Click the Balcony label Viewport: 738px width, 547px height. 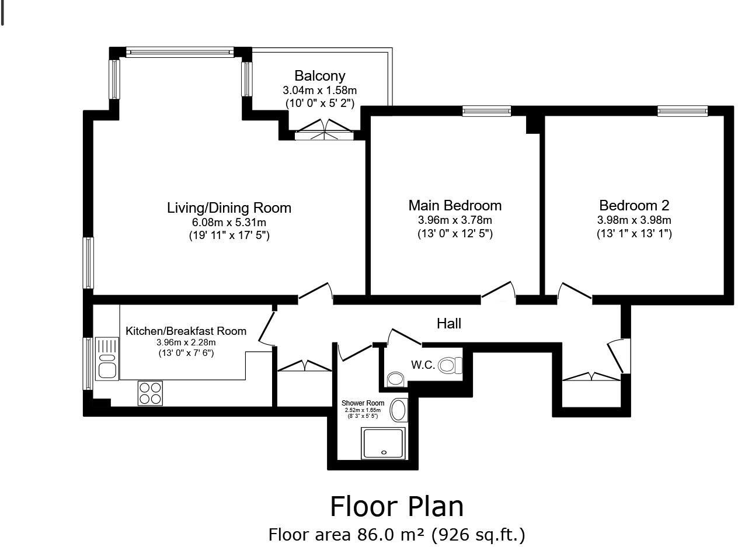pyautogui.click(x=320, y=76)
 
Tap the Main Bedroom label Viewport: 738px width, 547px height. pyautogui.click(x=455, y=206)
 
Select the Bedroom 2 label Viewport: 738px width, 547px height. pyautogui.click(x=634, y=206)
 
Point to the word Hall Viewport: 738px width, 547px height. pyautogui.click(x=449, y=324)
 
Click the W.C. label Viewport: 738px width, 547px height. pyautogui.click(x=423, y=365)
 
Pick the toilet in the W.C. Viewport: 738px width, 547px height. pyautogui.click(x=450, y=365)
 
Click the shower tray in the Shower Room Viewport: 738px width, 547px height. pyautogui.click(x=384, y=444)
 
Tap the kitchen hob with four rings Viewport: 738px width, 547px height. pyautogui.click(x=151, y=393)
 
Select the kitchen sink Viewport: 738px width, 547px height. pyautogui.click(x=107, y=359)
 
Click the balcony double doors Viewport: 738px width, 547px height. pyautogui.click(x=325, y=130)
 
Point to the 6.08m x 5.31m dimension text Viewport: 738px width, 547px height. pyautogui.click(x=229, y=222)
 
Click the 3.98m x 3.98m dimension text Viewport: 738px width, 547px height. pyautogui.click(x=634, y=220)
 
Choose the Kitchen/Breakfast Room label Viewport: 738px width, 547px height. pyautogui.click(x=186, y=331)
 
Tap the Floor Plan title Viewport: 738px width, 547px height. pyautogui.click(x=396, y=506)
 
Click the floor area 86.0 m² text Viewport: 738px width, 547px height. pyautogui.click(x=397, y=535)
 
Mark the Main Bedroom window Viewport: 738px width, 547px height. pyautogui.click(x=487, y=111)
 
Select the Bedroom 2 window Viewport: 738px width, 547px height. pyautogui.click(x=683, y=111)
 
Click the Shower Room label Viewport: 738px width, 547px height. pyautogui.click(x=363, y=403)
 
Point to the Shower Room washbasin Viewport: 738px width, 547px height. pyautogui.click(x=399, y=410)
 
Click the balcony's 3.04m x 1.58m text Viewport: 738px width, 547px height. pyautogui.click(x=320, y=90)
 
